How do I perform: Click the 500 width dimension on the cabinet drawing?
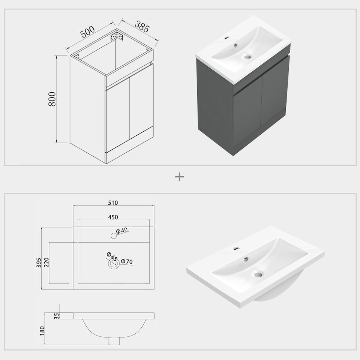click(87, 31)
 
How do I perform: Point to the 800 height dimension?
click(52, 99)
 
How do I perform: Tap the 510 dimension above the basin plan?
click(113, 203)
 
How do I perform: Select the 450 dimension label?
click(113, 217)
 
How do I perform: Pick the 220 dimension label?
click(46, 262)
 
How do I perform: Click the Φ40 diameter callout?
click(122, 231)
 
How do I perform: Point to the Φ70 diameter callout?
click(127, 262)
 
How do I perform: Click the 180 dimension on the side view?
click(42, 330)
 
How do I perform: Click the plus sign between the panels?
click(180, 177)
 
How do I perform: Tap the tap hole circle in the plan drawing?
click(114, 236)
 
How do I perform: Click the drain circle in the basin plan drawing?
click(114, 264)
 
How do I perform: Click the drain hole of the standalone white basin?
click(258, 274)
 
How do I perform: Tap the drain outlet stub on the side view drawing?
click(114, 341)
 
